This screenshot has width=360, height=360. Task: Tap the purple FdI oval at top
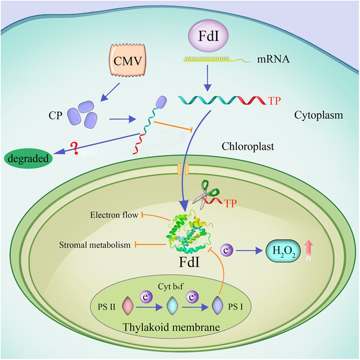click(208, 36)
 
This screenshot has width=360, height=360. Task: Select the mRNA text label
click(273, 59)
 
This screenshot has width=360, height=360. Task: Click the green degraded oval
click(28, 158)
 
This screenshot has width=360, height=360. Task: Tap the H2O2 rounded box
click(283, 251)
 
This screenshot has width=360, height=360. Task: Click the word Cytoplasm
click(319, 115)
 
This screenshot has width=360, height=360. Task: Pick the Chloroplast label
click(248, 146)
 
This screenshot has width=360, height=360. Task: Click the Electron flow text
click(114, 215)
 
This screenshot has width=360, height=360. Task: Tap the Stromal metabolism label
click(95, 245)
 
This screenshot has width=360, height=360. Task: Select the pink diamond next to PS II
click(128, 306)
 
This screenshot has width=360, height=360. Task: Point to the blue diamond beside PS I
click(217, 306)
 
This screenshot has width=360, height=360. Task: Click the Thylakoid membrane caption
click(171, 327)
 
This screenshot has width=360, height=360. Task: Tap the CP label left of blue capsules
click(55, 116)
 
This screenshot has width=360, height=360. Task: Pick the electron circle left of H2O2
click(227, 250)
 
